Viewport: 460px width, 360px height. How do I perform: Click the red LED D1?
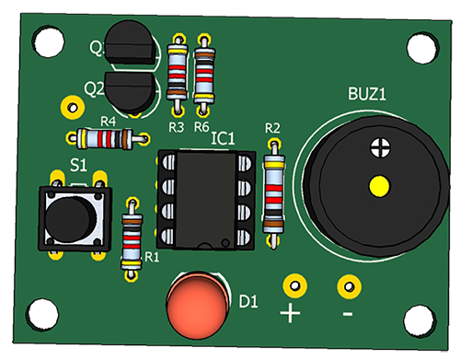(x=197, y=305)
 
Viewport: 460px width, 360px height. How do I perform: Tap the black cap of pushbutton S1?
(x=69, y=218)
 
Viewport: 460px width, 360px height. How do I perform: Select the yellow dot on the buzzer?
(x=379, y=186)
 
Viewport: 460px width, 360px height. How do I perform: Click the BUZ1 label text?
(x=367, y=94)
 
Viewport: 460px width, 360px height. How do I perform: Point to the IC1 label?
(x=223, y=138)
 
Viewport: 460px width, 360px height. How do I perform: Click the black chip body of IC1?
(x=206, y=199)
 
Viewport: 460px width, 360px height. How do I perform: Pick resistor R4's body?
(x=105, y=139)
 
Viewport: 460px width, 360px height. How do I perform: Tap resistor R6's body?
(x=204, y=75)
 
